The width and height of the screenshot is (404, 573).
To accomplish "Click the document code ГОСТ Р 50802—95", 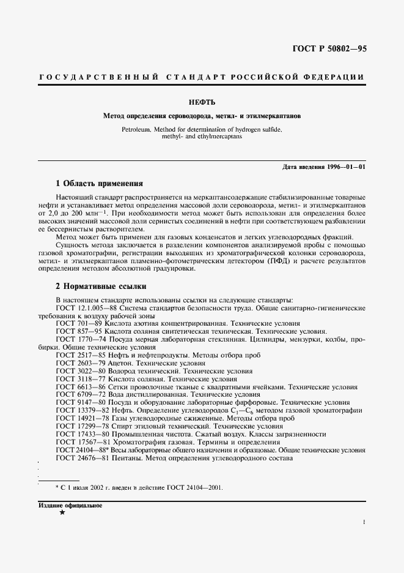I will click(x=329, y=49).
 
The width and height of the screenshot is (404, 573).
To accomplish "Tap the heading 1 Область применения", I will click(x=99, y=183).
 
